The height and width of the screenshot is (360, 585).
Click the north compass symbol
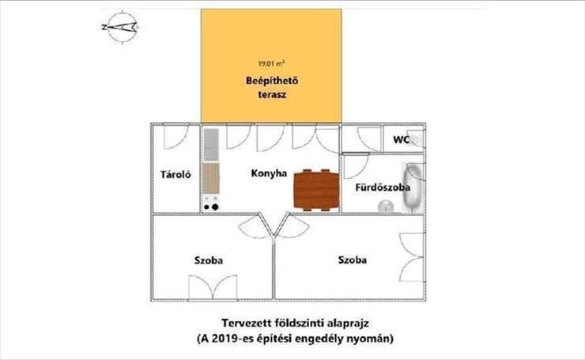point(123,28)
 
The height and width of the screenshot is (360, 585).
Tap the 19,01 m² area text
point(271,63)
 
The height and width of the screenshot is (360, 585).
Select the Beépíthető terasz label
point(272,88)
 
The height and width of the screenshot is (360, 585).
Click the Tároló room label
point(175,174)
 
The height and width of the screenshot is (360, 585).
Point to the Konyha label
point(269,173)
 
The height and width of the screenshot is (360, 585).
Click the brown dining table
point(316,190)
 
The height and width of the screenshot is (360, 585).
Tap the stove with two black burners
point(211,203)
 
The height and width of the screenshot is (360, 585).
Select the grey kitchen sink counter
point(211,145)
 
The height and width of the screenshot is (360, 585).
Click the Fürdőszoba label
point(383,188)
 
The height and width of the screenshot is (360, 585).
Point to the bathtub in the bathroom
point(413,187)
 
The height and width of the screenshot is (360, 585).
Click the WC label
point(401,140)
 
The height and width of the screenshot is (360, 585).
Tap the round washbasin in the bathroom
point(386,207)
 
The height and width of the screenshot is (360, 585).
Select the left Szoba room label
point(209,260)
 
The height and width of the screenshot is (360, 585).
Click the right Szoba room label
point(353,260)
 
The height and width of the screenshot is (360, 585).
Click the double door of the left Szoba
point(213,288)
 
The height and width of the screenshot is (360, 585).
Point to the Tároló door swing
point(176,136)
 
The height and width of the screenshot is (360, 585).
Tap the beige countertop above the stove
point(211,179)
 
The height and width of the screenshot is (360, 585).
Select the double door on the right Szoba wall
point(412,257)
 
